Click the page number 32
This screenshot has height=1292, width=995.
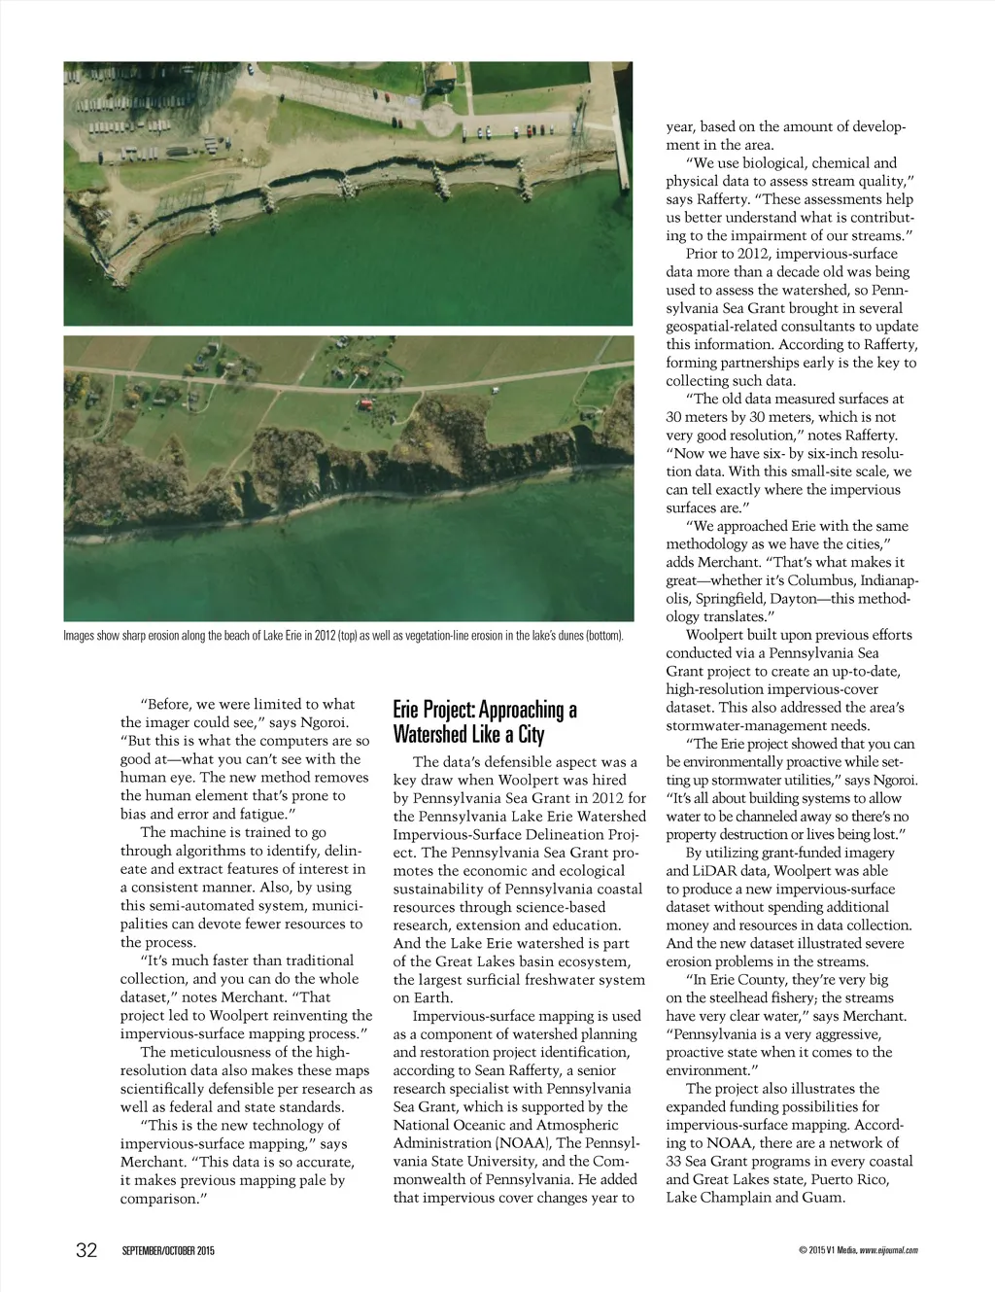pos(86,1250)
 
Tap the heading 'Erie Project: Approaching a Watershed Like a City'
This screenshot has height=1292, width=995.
pos(485,721)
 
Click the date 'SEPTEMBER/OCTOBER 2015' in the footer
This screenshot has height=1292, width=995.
pos(168,1251)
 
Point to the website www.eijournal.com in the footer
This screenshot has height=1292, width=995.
pos(888,1251)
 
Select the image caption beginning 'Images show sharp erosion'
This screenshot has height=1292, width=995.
pos(343,636)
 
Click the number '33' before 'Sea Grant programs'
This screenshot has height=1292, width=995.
pos(675,1161)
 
